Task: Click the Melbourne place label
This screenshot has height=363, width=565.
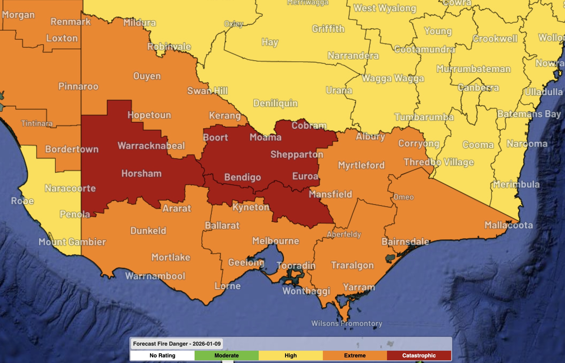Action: point(276,241)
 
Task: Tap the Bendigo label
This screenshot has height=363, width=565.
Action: point(242,177)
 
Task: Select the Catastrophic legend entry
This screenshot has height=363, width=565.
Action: point(419,356)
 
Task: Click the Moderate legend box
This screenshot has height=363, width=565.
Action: point(226,356)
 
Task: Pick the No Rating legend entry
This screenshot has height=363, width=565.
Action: point(162,356)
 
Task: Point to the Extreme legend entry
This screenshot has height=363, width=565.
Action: point(355,356)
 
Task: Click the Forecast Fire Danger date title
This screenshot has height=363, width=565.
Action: point(177,344)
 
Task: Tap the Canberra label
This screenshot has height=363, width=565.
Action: point(478,87)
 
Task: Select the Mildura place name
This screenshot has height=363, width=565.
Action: point(140,23)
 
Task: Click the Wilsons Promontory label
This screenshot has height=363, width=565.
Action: point(347,323)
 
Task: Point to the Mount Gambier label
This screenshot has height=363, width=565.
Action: point(72,242)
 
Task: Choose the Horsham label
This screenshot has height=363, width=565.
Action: point(141,173)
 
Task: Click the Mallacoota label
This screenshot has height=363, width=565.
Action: point(509,225)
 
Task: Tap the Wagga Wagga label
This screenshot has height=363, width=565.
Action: point(393,78)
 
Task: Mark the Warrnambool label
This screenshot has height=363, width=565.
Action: point(155,276)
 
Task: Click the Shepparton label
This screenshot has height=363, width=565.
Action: point(297,154)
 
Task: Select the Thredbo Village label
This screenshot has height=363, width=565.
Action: point(439,162)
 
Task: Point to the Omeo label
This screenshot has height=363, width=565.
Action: point(404,197)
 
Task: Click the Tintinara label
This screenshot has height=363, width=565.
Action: point(37,123)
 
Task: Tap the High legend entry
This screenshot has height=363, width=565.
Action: point(291,356)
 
